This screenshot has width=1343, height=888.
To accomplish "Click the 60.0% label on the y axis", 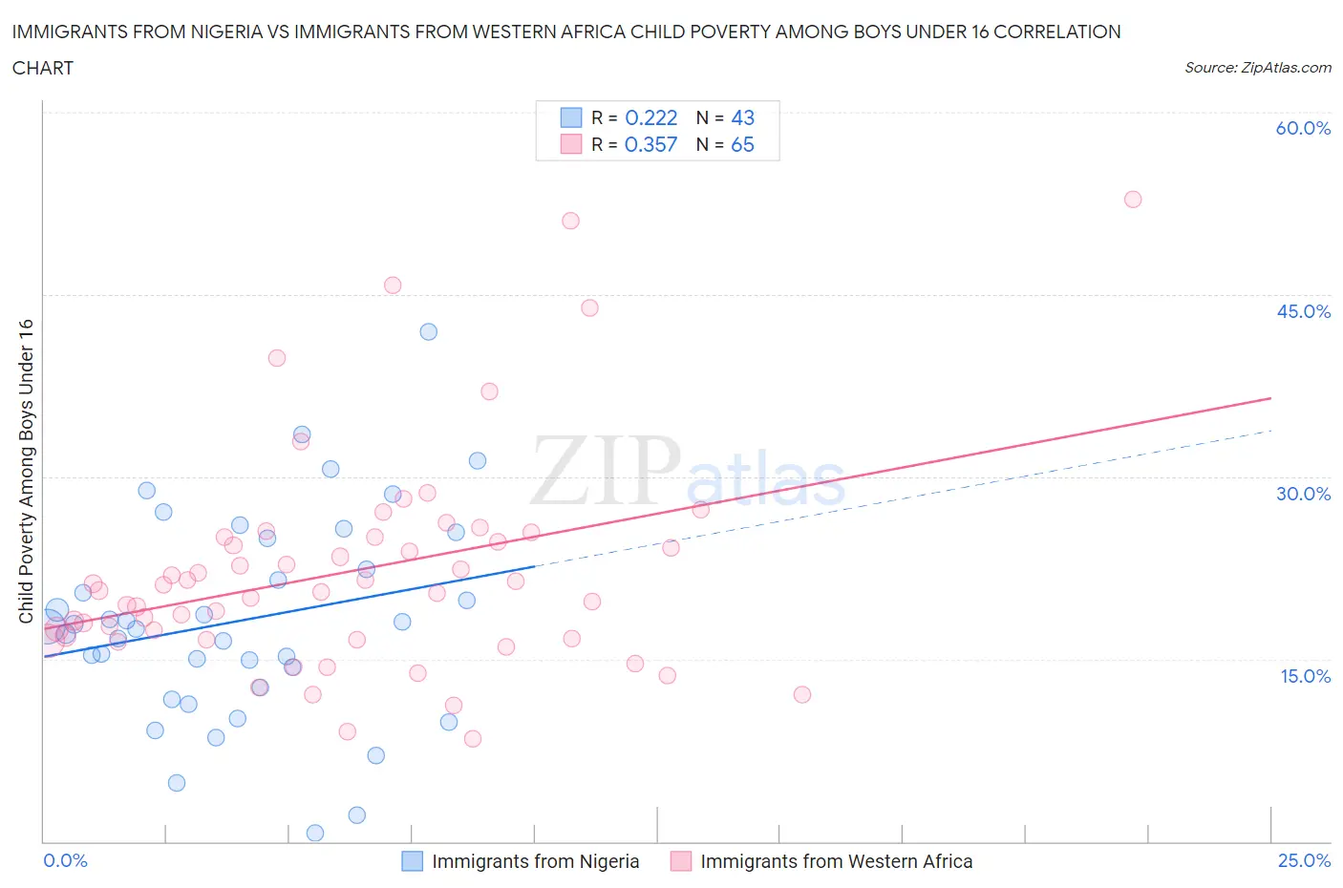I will coord(1303,128).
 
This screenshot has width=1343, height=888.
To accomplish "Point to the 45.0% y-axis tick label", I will coord(1303,311).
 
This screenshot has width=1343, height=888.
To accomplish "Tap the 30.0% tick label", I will coord(1303,494).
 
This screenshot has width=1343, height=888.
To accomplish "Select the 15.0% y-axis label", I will coord(1303,676).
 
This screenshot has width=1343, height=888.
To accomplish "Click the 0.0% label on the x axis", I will coord(65,860).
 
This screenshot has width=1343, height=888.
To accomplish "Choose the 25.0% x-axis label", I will coord(1304,860).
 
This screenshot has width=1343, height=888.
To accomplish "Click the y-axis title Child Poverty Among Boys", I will coord(26,471).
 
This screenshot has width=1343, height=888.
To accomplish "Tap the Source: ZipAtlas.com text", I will coord(1257,68).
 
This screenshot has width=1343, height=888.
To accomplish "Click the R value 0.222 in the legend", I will coord(650,117).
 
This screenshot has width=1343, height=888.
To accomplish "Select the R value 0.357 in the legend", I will coord(650,144).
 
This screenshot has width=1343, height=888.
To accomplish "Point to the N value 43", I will coord(742,117).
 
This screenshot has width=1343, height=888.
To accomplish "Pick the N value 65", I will coord(742,144).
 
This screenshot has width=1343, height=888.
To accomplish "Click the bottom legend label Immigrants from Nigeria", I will coord(535,861).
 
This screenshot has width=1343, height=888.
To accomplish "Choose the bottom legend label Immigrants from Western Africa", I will coord(836,861).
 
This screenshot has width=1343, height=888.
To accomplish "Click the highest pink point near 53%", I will coord(1133,200).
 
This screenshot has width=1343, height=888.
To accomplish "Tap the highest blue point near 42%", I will coord(429,332).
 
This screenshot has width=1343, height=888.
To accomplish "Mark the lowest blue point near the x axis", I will coord(315,833).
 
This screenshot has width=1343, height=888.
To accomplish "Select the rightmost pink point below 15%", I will coord(802,694).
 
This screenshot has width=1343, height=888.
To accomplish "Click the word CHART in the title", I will coord(43,68).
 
